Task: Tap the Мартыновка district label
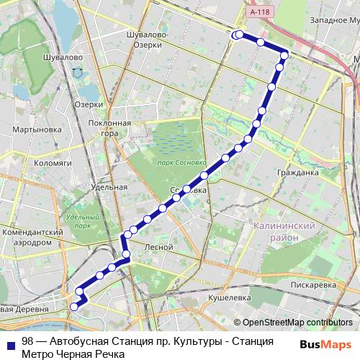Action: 37,130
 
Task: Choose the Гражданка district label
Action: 297,173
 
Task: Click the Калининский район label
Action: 286,230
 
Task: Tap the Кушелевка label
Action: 228,297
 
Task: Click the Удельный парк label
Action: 81,221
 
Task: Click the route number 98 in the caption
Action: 27,341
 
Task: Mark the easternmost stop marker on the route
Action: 284,55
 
